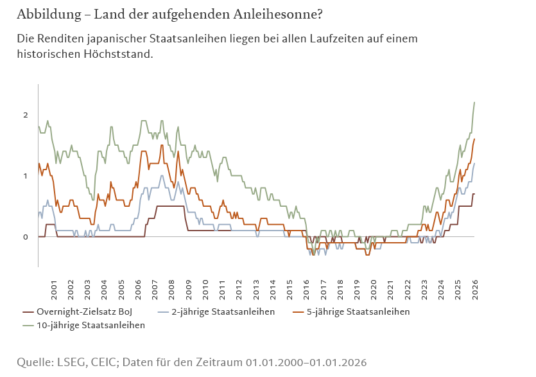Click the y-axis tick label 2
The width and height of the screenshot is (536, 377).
(x=26, y=115)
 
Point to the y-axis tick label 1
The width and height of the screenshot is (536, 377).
(x=26, y=176)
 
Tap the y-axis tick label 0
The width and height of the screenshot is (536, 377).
(x=26, y=237)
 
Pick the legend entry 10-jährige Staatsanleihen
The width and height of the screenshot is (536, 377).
(x=91, y=325)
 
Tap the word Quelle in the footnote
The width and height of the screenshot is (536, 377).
(x=35, y=362)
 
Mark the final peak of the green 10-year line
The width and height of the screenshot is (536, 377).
(x=474, y=102)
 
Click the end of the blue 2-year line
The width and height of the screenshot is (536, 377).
(x=474, y=163)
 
